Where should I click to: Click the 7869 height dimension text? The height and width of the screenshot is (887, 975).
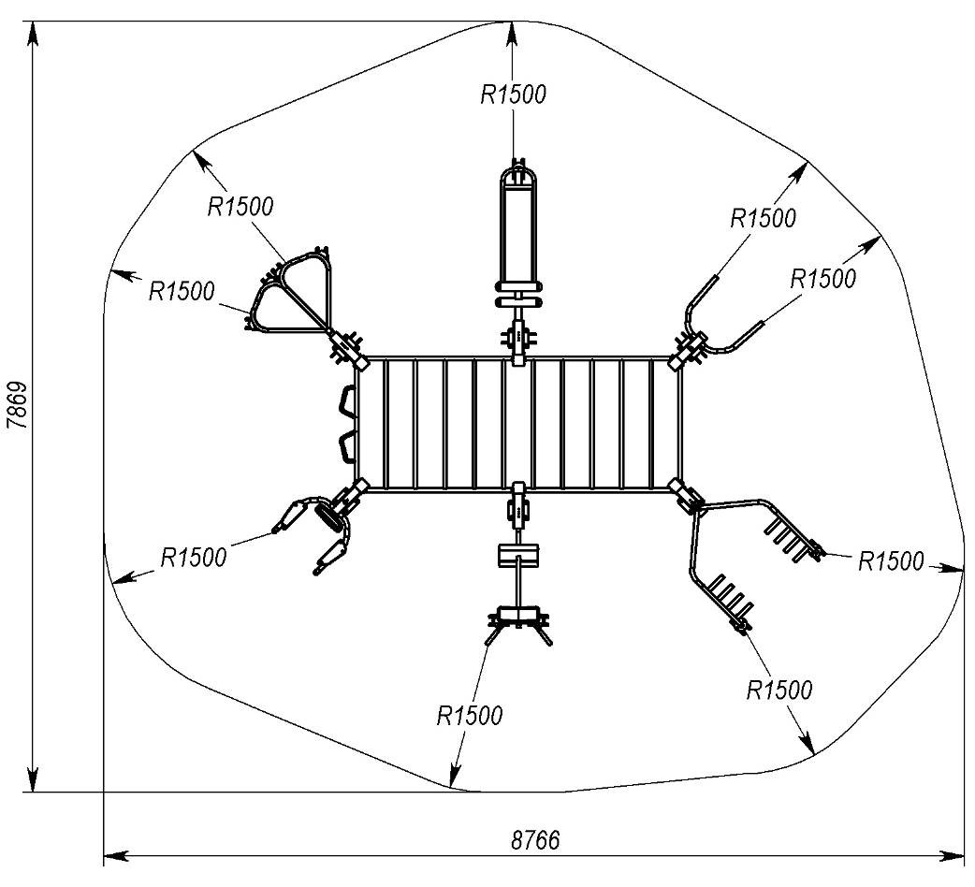click(x=16, y=404)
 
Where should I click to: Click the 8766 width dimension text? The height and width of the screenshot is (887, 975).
click(x=534, y=838)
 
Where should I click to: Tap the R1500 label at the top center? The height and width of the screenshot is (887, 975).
click(x=513, y=94)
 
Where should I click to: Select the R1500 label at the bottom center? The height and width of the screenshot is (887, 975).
click(x=470, y=716)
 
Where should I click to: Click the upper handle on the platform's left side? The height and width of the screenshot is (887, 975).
click(x=347, y=403)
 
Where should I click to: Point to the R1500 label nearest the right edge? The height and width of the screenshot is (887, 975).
click(x=891, y=561)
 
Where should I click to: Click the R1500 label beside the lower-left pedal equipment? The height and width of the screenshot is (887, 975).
click(x=194, y=558)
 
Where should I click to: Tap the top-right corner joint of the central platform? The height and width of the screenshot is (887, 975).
click(x=680, y=359)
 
